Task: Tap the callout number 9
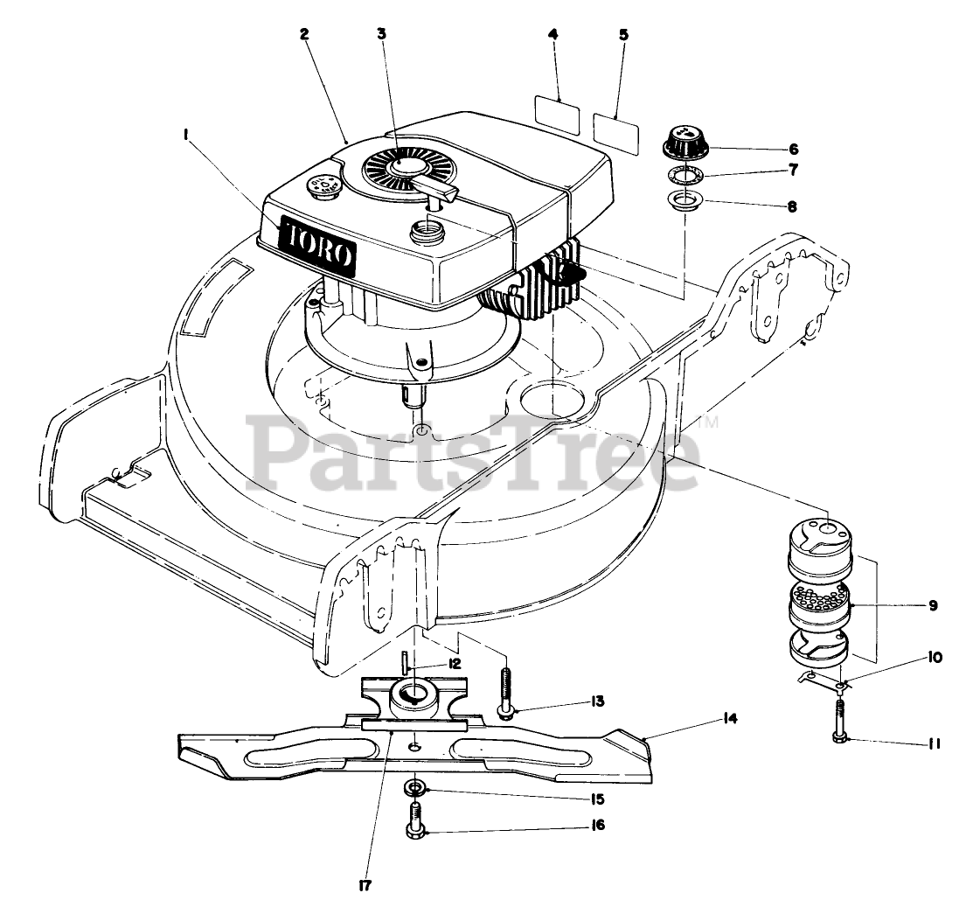(933, 604)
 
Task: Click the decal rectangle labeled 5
(616, 127)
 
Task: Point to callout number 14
(731, 718)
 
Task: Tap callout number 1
(186, 133)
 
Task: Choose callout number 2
(303, 35)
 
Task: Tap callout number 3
(381, 34)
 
